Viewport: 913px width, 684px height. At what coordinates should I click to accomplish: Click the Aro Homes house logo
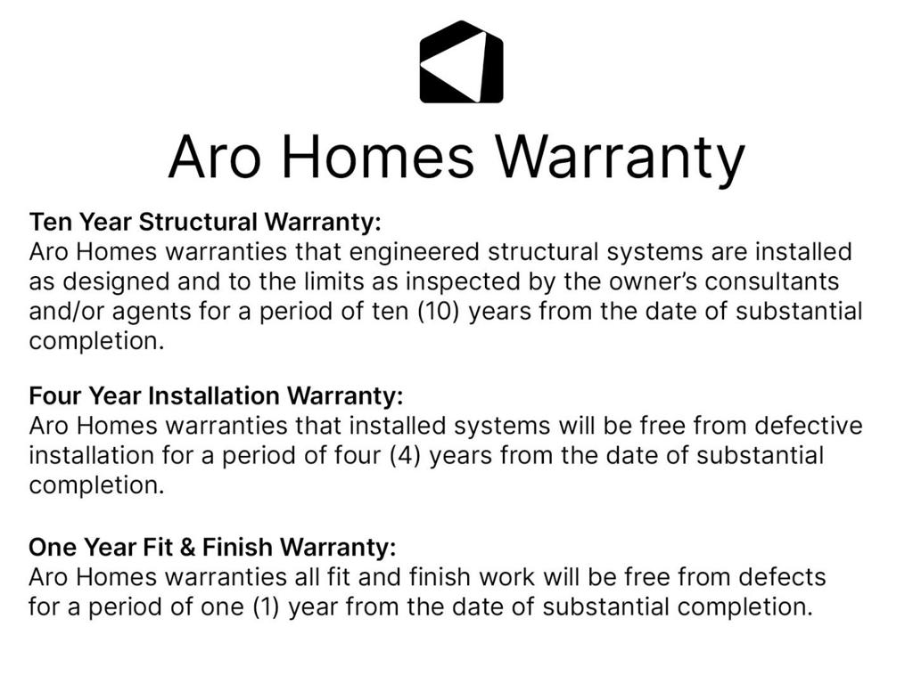click(461, 61)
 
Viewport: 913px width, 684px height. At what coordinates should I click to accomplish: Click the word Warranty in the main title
click(621, 157)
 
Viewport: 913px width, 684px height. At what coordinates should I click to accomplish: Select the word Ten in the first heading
click(51, 222)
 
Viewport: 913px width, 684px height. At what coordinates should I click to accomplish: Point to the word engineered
click(414, 252)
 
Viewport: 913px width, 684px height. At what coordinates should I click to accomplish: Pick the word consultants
click(771, 281)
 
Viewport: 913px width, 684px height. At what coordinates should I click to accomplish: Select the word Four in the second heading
click(55, 395)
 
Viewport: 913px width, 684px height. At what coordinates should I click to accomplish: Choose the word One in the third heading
click(53, 548)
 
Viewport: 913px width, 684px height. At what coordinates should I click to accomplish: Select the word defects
click(783, 577)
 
